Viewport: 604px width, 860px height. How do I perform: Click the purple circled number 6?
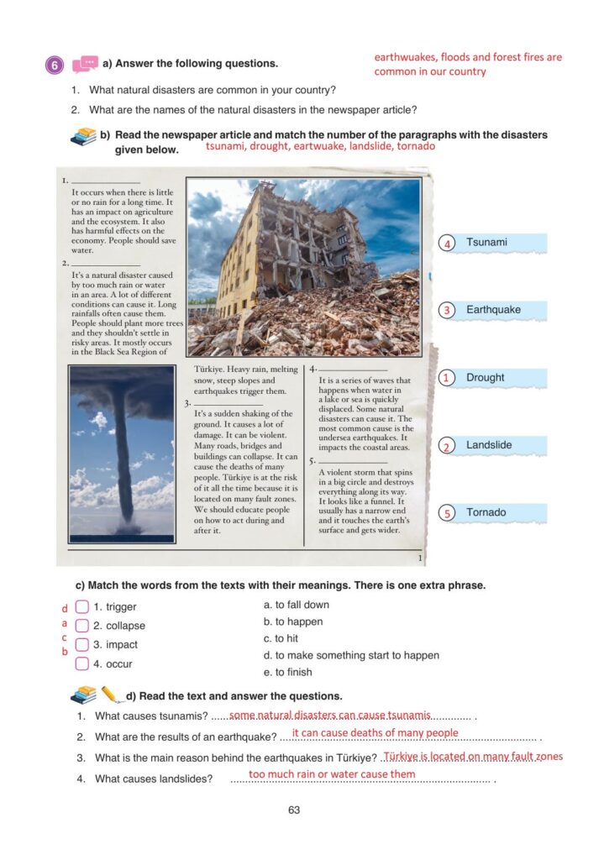[55, 65]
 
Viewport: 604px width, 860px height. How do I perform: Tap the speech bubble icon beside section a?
[85, 65]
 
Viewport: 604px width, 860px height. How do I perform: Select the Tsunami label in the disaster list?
[487, 243]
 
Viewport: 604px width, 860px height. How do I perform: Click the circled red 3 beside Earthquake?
[448, 311]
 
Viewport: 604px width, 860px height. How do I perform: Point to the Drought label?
[486, 378]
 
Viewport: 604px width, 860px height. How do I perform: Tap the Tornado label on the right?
[486, 512]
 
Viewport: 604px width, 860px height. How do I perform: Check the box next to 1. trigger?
[81, 606]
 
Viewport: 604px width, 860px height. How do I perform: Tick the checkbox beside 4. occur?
[81, 663]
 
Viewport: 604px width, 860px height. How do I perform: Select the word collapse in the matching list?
[125, 626]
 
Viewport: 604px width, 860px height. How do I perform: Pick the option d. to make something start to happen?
[351, 655]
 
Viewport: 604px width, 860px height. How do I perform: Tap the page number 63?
[293, 810]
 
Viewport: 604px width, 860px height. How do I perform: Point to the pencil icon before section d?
[110, 695]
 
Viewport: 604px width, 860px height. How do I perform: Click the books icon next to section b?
[84, 136]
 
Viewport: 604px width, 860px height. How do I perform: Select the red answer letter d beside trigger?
[64, 607]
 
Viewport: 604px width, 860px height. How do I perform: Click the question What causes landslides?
[151, 779]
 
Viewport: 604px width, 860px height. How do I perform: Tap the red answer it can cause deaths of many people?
[375, 733]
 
